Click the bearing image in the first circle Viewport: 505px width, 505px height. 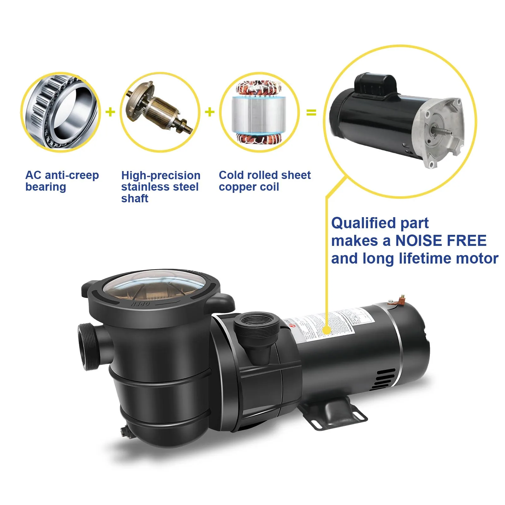pos(61,112)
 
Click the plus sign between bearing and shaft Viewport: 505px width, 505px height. pos(110,112)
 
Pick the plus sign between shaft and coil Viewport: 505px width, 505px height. pos(210,112)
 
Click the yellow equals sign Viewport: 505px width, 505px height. pos(311,112)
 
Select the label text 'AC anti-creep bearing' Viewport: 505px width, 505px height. pos(62,181)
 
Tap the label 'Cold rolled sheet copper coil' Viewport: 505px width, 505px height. pos(264,181)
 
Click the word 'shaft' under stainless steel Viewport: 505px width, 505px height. pos(135,199)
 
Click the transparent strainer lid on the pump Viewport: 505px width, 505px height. pos(155,289)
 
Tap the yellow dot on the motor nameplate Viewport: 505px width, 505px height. pos(327,330)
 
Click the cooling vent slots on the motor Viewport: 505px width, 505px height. pos(384,379)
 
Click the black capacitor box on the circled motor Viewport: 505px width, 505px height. pos(375,84)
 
